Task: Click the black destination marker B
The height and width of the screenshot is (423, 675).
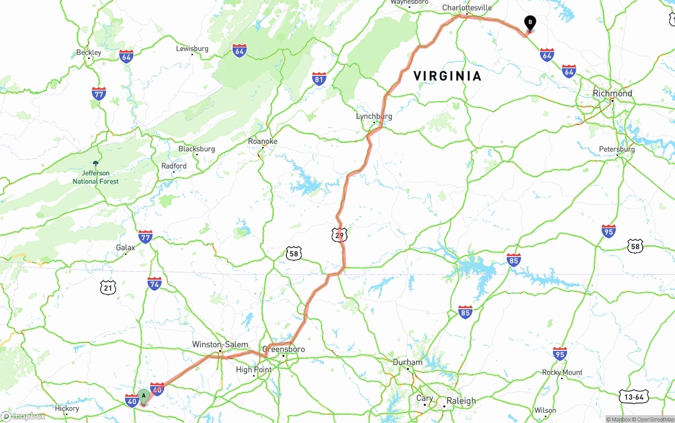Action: (530, 23)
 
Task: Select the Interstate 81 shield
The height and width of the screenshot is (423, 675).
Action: (319, 79)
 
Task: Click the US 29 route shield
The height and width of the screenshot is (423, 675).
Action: (340, 235)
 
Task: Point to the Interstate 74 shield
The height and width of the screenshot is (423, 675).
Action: (155, 283)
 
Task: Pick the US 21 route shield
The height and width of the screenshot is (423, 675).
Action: (108, 288)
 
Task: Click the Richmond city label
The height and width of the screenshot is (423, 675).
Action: (612, 93)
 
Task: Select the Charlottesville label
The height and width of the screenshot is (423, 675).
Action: (467, 7)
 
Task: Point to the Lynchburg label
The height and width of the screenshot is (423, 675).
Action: (374, 116)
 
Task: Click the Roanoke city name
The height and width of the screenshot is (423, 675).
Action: (263, 141)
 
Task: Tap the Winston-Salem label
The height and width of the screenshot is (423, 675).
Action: (220, 345)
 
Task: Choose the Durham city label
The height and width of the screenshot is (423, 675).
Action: (408, 362)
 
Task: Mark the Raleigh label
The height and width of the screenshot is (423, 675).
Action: (461, 400)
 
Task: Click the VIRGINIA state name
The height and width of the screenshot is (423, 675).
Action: (448, 76)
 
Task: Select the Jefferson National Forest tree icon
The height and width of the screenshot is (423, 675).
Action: (95, 164)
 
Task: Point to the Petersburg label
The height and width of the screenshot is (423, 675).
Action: (617, 149)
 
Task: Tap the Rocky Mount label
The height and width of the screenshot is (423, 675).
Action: (562, 372)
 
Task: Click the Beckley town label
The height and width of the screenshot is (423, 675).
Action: (89, 52)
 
